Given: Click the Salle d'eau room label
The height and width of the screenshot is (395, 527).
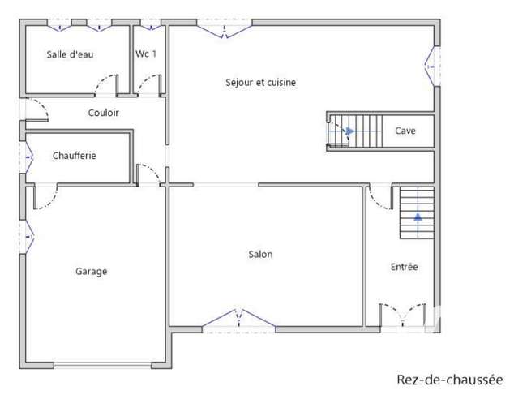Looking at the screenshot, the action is pos(70,54).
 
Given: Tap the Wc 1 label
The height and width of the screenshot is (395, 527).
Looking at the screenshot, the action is pos(146,54).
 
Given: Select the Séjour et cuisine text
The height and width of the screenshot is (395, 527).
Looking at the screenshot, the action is pos(260,83).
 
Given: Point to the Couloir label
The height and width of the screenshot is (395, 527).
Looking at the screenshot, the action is pos(103,113).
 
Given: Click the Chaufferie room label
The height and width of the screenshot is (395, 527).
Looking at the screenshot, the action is pos(74,156).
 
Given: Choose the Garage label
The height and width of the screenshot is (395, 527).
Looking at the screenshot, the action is pos(91,271).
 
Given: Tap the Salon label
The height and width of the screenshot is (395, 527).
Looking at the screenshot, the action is pos(260,254).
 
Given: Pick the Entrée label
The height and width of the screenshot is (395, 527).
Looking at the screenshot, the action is pos(405,267).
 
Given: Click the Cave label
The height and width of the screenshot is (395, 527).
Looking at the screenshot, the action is pos(405,131).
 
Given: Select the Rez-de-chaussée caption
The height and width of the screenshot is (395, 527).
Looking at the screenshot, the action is pos(450,380).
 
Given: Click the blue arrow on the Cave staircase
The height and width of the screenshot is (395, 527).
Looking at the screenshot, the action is pos(349,131).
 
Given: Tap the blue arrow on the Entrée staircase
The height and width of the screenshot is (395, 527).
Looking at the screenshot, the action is pos(418,217).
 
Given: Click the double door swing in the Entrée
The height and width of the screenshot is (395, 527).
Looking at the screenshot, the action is pos(403,315).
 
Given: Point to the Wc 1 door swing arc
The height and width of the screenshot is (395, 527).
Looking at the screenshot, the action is pos(145,79).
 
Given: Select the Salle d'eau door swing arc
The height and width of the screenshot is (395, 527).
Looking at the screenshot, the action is pos(102,79).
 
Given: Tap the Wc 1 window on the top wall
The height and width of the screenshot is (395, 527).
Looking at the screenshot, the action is pos(152,25).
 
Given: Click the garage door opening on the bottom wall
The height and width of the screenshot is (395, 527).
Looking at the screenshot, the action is pos(102,366).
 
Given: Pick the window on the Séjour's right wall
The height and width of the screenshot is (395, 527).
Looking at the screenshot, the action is pos(433,67).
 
